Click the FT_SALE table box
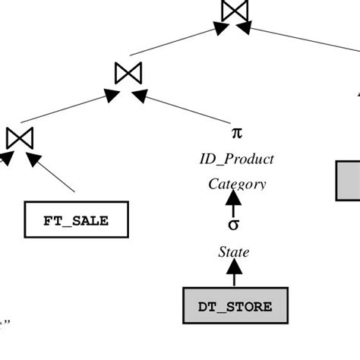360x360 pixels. (77, 220)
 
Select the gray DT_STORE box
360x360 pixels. (235, 306)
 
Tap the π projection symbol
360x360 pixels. (236, 133)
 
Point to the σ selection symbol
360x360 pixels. (235, 226)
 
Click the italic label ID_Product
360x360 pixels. (236, 159)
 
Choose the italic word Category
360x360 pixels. (237, 183)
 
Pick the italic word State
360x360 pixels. (234, 252)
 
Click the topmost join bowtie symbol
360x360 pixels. (234, 11)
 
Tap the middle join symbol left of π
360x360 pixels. (128, 73)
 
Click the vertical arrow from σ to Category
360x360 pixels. (235, 204)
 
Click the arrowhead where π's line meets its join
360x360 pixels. (140, 95)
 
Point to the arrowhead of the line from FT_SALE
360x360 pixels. (32, 160)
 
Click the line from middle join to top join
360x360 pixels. (175, 43)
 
